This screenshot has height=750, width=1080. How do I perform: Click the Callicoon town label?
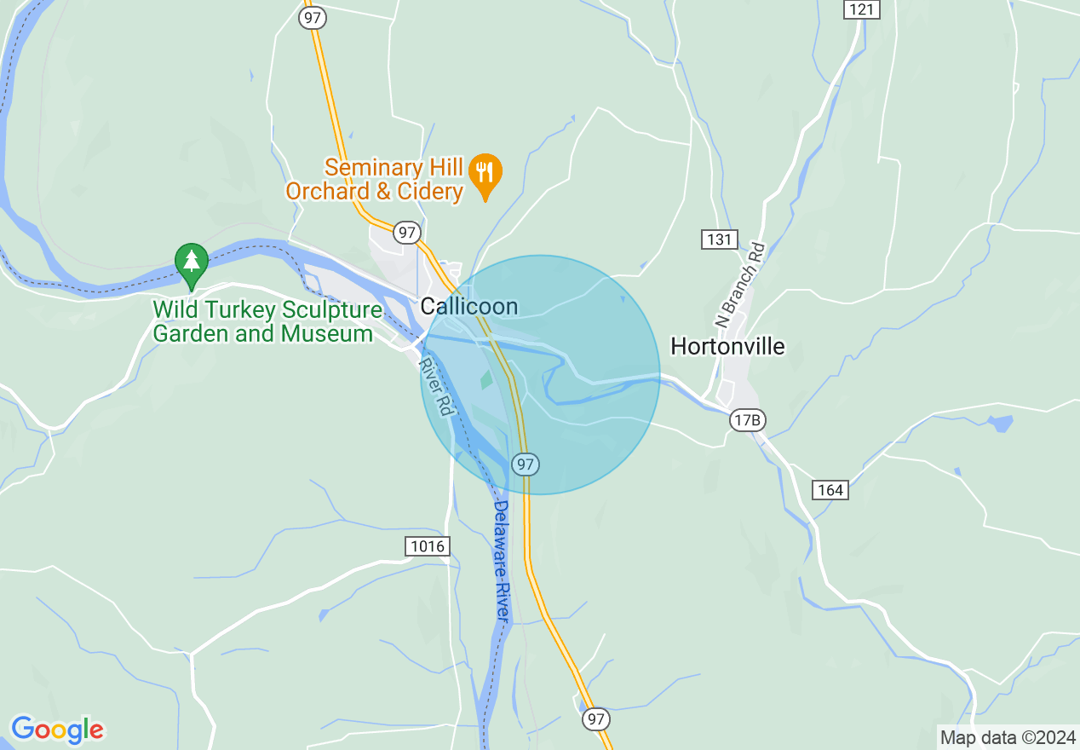click(x=469, y=306)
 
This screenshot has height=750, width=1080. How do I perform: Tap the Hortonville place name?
click(x=727, y=346)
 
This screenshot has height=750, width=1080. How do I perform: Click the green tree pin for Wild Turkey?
click(x=191, y=262)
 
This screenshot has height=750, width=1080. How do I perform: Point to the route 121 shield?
click(x=862, y=9)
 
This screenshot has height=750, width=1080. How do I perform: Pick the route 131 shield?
click(x=720, y=239)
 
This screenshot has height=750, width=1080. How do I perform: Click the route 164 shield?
click(x=830, y=489)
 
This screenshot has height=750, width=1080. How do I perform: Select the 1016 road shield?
click(x=427, y=546)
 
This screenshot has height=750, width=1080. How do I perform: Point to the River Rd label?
click(x=434, y=386)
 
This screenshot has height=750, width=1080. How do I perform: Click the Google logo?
click(x=57, y=730)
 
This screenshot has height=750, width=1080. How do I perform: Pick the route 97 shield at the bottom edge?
click(x=596, y=719)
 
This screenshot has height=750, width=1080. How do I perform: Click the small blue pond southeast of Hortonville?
click(x=1000, y=423)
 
